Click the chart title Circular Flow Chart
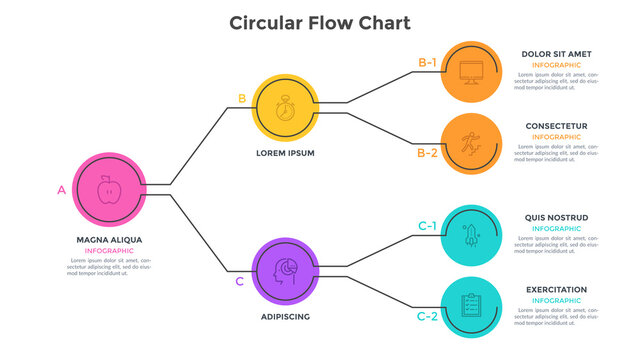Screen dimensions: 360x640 (319, 22)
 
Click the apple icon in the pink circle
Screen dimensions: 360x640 (109, 189)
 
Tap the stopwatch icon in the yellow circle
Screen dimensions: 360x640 (285, 107)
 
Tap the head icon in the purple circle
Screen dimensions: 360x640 (285, 270)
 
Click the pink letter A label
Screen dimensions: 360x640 (62, 189)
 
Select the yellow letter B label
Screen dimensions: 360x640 (241, 98)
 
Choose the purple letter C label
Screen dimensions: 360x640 (239, 281)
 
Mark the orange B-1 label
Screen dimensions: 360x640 (427, 63)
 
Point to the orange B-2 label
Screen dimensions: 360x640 (427, 153)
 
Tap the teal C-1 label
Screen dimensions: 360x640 (427, 226)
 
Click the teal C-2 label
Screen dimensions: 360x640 (427, 316)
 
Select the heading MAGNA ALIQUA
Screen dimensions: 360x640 (109, 240)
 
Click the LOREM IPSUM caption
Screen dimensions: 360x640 (285, 153)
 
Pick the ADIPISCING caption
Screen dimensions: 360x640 (285, 316)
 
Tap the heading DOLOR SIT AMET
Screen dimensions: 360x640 (555, 53)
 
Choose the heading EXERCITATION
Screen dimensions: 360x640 (556, 290)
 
